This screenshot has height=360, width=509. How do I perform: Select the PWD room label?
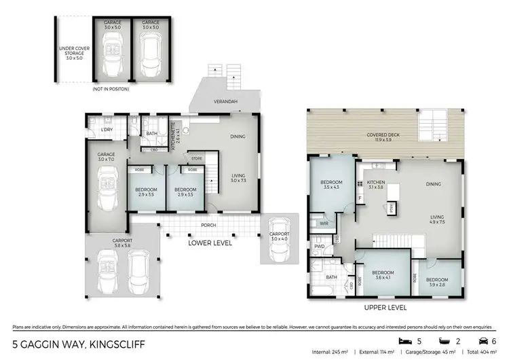click(318, 246)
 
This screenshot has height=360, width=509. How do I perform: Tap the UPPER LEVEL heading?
click(385, 308)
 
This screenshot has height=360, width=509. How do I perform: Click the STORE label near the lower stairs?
click(197, 159)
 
